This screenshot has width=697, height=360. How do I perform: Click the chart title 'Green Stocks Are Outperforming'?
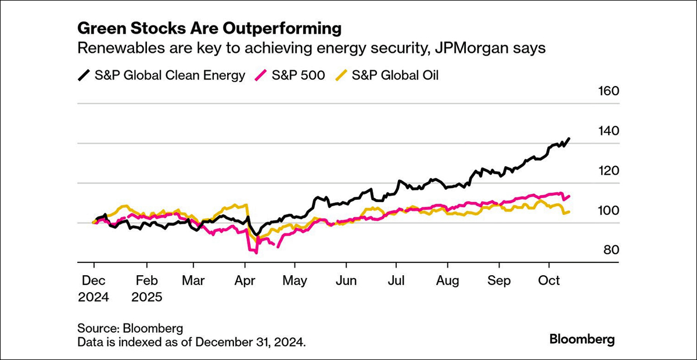click(x=209, y=28)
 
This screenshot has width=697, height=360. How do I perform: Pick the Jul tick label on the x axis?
click(x=397, y=280)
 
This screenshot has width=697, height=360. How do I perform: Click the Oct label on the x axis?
click(x=549, y=280)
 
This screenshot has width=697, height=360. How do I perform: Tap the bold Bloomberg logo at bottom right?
click(x=581, y=339)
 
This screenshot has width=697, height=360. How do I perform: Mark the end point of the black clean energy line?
click(x=569, y=139)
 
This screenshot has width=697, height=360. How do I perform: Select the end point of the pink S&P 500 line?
click(x=569, y=196)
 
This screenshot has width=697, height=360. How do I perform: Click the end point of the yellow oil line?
click(x=569, y=212)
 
